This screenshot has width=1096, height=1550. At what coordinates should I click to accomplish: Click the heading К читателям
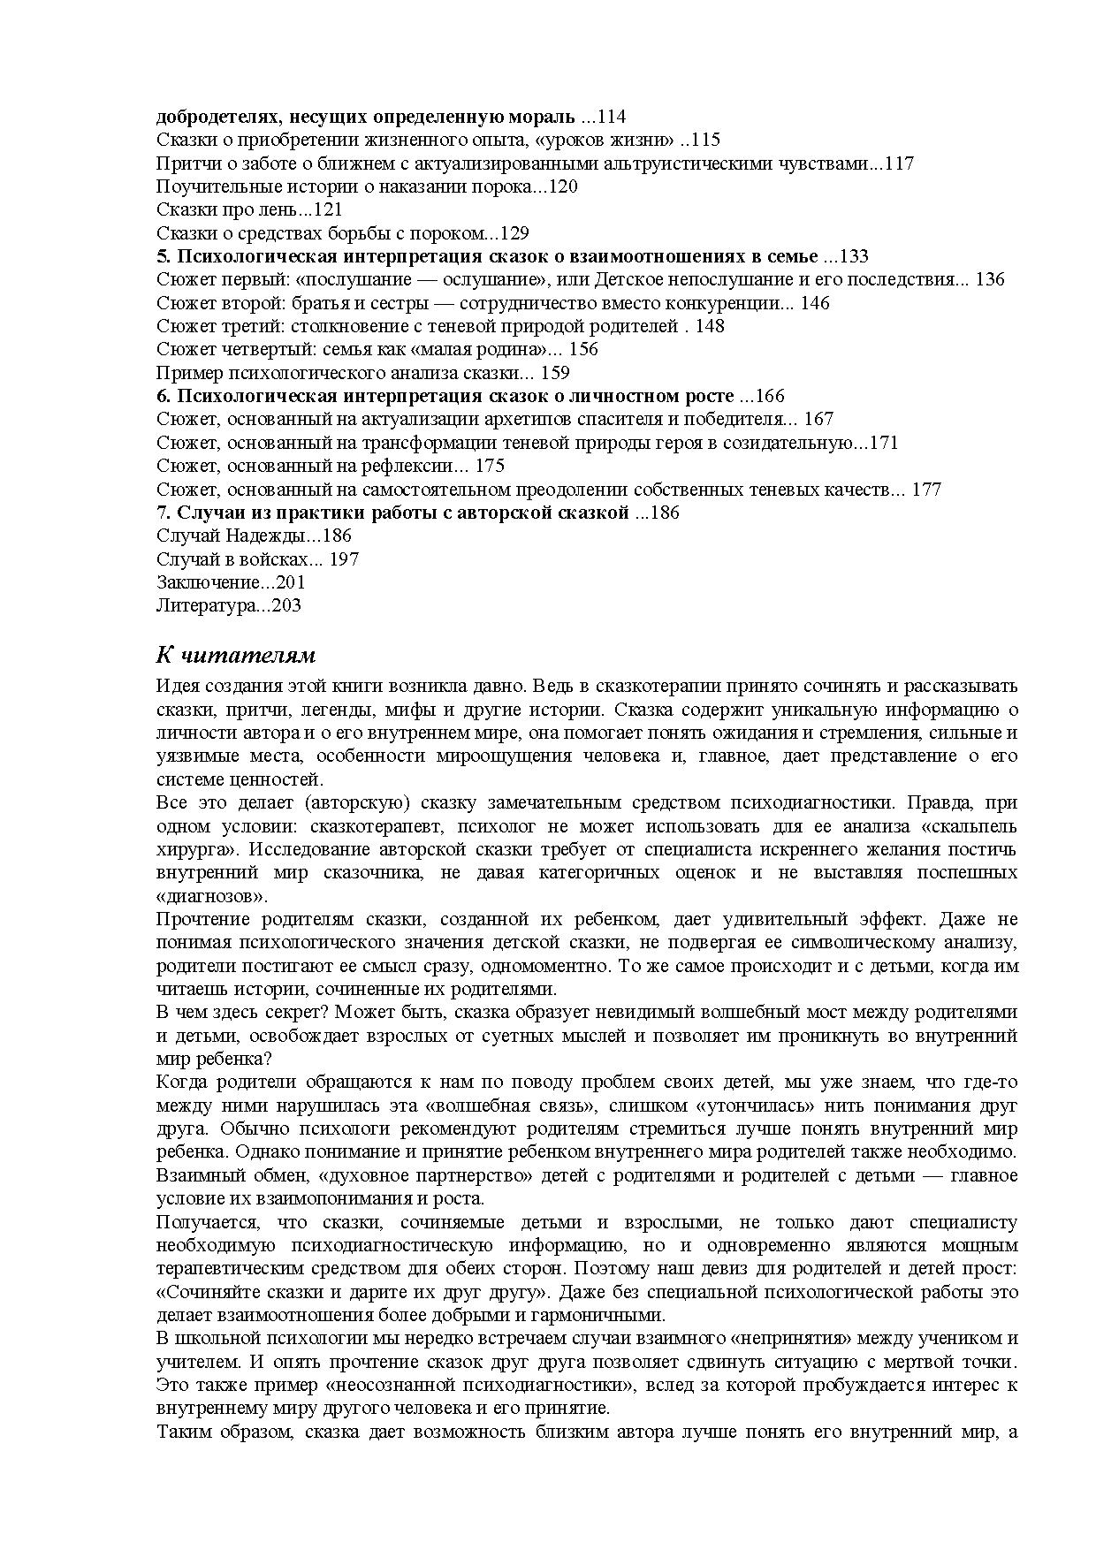(236, 656)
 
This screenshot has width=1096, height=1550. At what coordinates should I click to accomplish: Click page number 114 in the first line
(611, 117)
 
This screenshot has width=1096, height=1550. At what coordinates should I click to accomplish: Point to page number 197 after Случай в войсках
(343, 559)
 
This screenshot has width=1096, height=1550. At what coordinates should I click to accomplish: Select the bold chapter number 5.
(163, 256)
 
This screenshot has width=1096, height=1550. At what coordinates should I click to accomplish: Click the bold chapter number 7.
(163, 513)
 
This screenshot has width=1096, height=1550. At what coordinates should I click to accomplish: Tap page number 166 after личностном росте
(768, 396)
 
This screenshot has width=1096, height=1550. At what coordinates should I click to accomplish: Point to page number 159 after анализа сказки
(554, 373)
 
